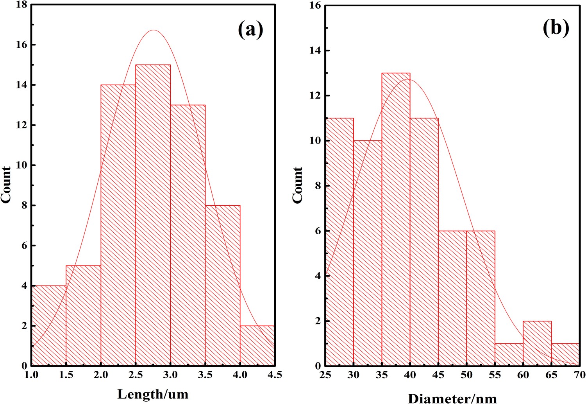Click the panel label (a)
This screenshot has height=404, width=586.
point(250,30)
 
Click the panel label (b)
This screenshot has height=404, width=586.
point(556,28)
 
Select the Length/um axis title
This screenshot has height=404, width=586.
point(153,393)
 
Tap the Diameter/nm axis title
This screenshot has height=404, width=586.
point(452,398)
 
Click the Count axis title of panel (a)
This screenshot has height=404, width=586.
point(6,185)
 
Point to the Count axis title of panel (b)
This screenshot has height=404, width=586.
point(298,185)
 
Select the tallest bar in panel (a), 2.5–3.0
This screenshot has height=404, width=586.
point(153,215)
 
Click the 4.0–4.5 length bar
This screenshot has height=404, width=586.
point(257,346)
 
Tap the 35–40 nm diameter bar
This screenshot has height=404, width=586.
point(396,219)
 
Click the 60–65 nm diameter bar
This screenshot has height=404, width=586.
point(537,343)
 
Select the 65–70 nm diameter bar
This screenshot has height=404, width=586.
point(565,355)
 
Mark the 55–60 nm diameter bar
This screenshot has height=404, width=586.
point(509,355)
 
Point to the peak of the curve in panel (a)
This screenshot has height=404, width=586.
point(154,30)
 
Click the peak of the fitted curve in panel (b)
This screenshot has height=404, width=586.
point(407,79)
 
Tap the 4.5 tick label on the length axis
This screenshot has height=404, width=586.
point(274,375)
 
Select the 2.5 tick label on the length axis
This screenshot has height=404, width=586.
point(136,375)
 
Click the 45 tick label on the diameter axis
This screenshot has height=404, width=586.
point(438,375)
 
